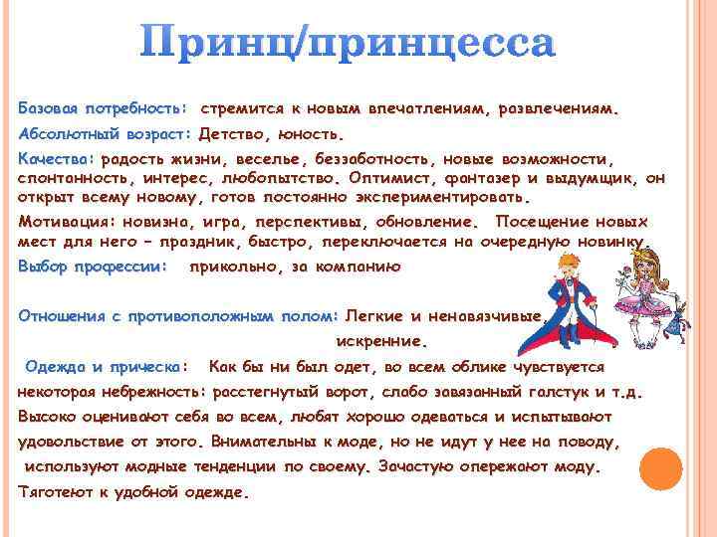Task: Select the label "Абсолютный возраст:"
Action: click(x=105, y=132)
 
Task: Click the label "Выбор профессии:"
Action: click(x=93, y=266)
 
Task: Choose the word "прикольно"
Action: click(x=237, y=266)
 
